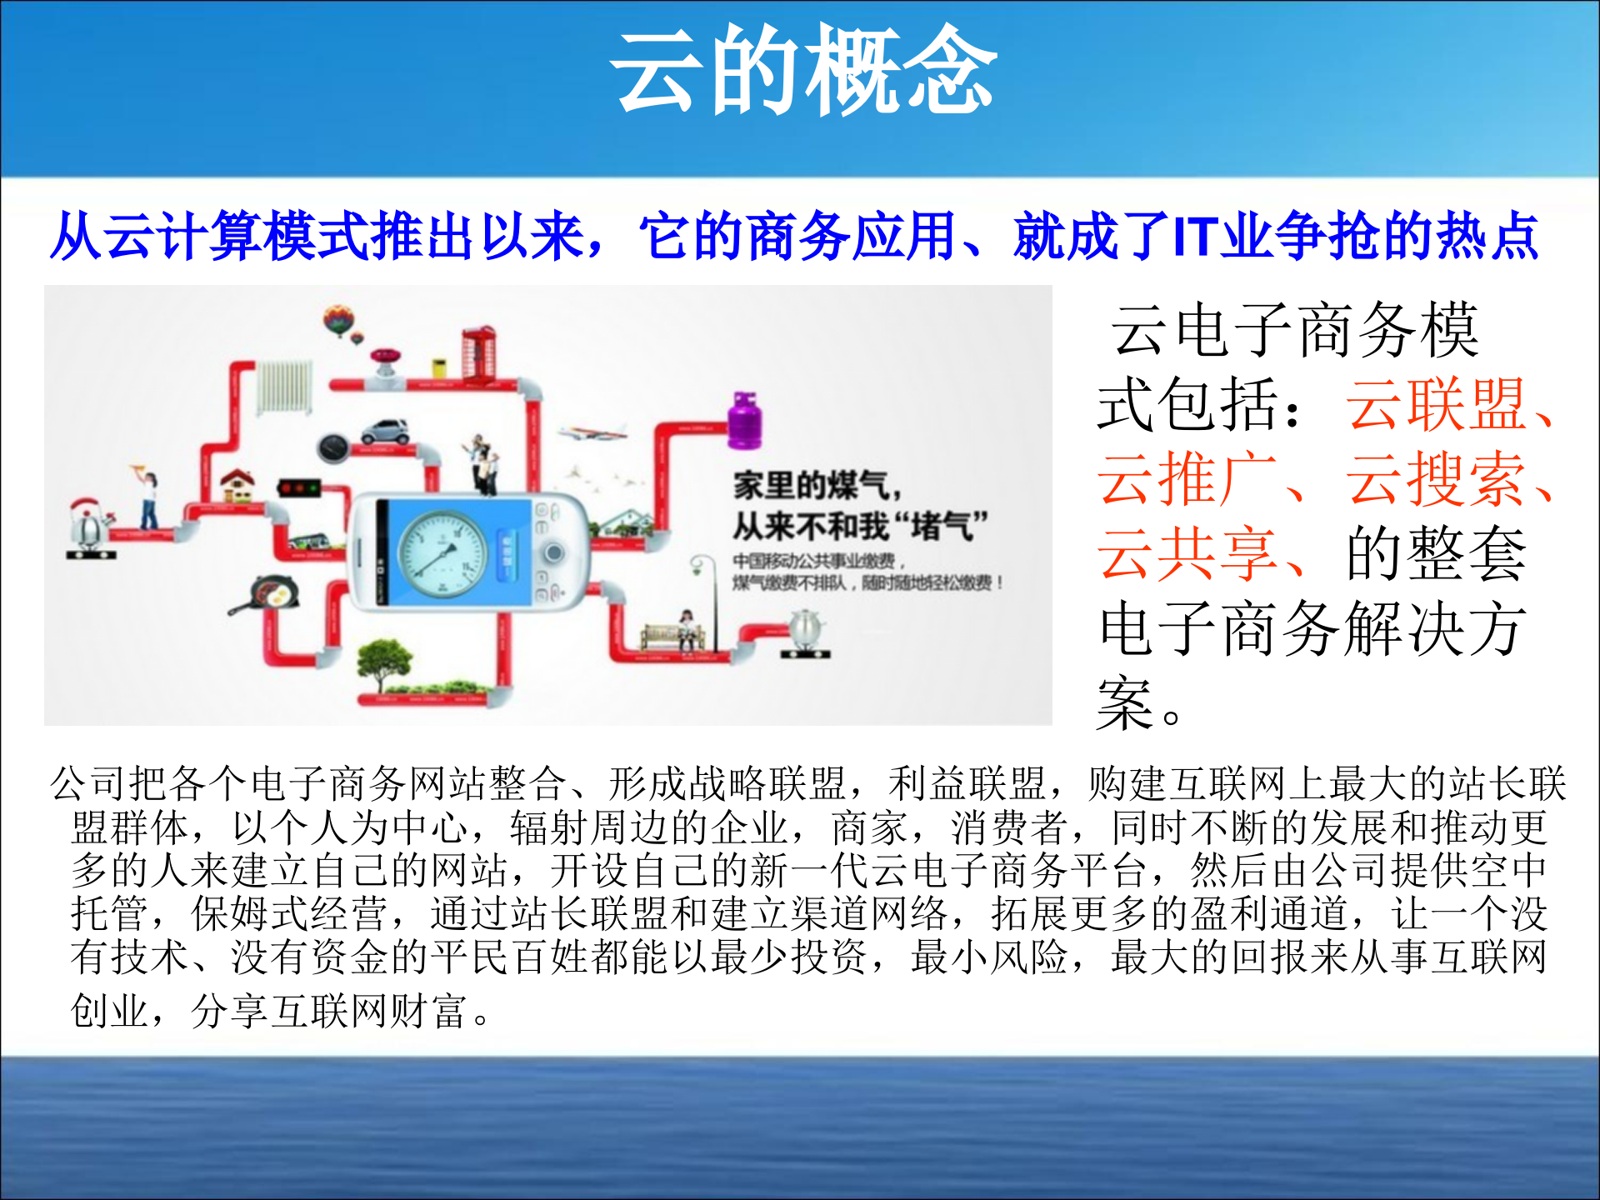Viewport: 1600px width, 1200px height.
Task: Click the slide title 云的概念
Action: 803,70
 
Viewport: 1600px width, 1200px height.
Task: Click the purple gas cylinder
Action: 744,421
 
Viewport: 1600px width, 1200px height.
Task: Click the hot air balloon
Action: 339,320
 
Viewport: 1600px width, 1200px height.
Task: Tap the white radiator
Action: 285,387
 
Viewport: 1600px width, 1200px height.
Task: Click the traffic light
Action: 299,488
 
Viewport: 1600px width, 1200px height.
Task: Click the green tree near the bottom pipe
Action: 383,662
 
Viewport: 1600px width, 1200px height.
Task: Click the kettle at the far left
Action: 87,525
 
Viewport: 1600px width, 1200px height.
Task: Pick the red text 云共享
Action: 1187,554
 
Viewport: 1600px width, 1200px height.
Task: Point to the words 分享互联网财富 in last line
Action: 328,1011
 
